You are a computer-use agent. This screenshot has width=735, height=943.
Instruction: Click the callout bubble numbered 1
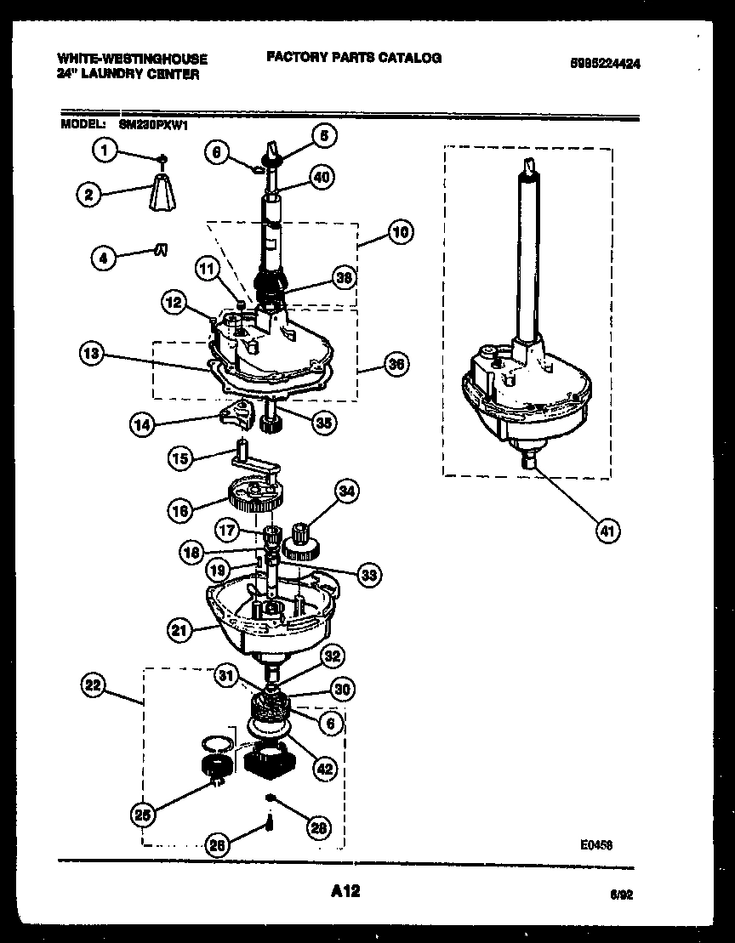coord(104,151)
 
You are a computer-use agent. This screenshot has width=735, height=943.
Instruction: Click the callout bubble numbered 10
coord(400,230)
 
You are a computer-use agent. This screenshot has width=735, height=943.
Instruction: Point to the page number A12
coord(345,892)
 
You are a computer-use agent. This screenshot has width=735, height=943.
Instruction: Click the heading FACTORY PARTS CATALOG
coord(354,58)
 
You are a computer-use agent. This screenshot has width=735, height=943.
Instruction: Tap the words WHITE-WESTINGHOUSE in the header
coord(132,59)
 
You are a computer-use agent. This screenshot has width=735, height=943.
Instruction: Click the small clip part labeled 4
coord(160,248)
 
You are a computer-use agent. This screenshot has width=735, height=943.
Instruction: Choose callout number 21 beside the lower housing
coord(178,630)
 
